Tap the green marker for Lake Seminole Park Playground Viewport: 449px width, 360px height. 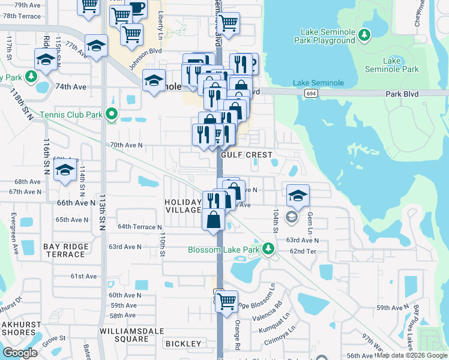click(x=364, y=36)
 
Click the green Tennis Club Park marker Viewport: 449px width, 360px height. click(x=110, y=113)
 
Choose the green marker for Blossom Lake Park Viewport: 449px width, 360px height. click(x=270, y=248)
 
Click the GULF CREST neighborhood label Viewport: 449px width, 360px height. click(x=246, y=154)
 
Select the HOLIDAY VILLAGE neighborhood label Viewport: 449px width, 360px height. click(x=184, y=206)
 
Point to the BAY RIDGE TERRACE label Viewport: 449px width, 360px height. click(x=65, y=250)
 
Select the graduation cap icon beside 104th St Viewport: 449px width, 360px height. click(x=298, y=195)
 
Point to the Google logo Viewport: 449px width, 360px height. click(x=20, y=353)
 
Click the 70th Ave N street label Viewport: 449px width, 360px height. click(x=126, y=145)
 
